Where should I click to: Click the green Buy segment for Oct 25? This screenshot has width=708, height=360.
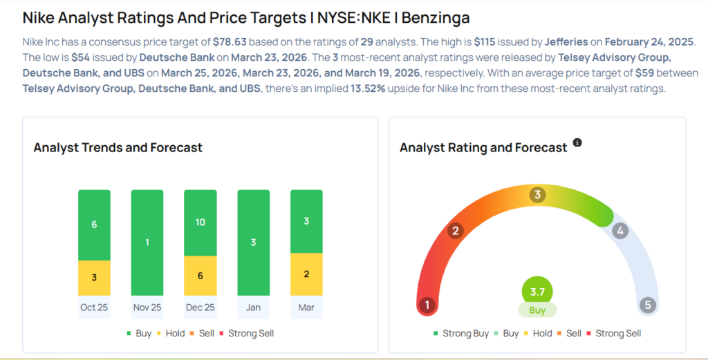[94, 225]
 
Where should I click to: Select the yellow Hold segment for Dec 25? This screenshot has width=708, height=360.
[200, 274]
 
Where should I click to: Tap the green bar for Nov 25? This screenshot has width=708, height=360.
[147, 243]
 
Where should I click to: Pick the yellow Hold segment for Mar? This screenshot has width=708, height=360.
[306, 274]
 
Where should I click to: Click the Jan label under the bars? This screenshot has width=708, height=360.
[253, 307]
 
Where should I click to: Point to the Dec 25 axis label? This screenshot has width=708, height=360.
[200, 307]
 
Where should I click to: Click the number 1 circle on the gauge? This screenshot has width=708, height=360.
[427, 305]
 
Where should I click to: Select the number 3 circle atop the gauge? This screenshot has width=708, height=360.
[537, 195]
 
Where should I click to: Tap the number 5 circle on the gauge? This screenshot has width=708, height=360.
[648, 305]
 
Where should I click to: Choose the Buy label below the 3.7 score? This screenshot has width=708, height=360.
[537, 310]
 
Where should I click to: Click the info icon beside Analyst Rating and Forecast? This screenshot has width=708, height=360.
[577, 143]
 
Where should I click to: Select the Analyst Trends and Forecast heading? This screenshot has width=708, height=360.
[118, 147]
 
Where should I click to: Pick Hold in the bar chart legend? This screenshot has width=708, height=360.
[175, 333]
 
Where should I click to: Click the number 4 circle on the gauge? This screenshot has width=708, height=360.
[620, 231]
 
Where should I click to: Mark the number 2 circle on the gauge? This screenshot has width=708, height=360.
[455, 231]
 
